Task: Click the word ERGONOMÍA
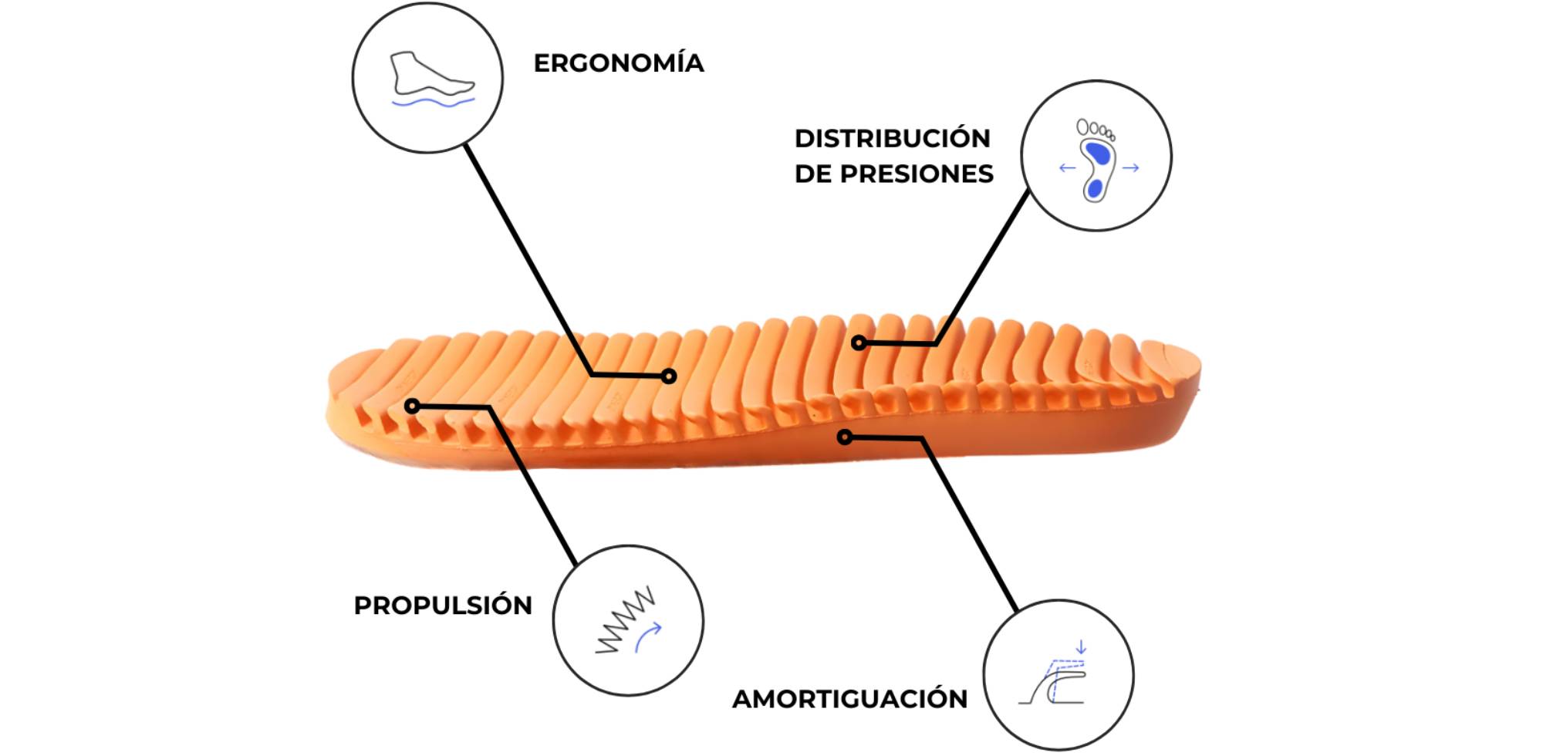tap(618, 63)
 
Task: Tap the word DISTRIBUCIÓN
tap(893, 139)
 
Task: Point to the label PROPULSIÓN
tap(443, 606)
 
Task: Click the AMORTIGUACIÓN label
tap(849, 699)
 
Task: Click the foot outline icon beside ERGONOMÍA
tap(430, 74)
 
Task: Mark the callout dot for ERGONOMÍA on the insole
tap(669, 376)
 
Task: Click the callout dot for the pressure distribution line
tap(859, 343)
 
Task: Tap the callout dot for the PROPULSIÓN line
tap(413, 406)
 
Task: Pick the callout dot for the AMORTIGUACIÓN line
tap(845, 437)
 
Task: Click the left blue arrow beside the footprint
tap(1067, 167)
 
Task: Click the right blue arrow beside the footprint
tap(1131, 167)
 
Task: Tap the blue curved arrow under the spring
tap(647, 636)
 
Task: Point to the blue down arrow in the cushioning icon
tap(1081, 646)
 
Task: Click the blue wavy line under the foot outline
tap(433, 102)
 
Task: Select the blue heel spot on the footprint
tap(1093, 188)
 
